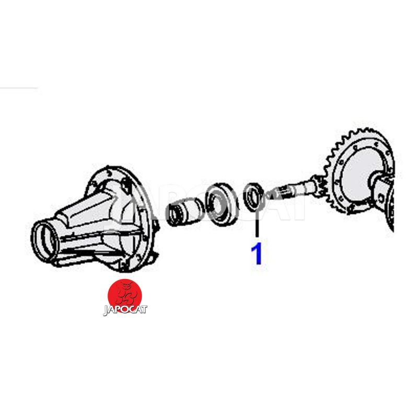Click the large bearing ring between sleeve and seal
click(x=221, y=204)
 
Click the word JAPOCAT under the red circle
click(x=125, y=310)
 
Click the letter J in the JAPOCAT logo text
click(x=106, y=311)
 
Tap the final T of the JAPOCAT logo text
click(x=144, y=309)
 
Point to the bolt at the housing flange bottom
click(x=123, y=266)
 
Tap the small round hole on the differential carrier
click(x=381, y=198)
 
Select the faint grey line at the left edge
click(x=19, y=88)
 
